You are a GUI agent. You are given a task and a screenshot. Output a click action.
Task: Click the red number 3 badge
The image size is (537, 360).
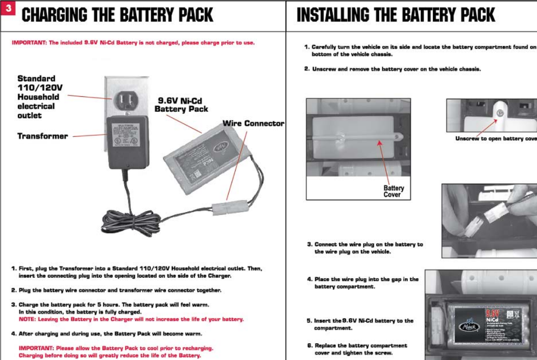[8, 8]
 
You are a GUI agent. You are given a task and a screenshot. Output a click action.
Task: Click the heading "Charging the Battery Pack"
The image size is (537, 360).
[117, 15]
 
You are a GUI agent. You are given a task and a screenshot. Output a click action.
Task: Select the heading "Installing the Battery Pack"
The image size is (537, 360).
[396, 15]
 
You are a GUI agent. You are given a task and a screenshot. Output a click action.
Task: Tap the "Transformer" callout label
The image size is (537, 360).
[43, 136]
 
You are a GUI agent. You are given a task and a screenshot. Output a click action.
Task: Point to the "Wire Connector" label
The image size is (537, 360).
[253, 124]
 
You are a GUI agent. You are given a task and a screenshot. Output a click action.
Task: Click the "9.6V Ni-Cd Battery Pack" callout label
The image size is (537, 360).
[181, 105]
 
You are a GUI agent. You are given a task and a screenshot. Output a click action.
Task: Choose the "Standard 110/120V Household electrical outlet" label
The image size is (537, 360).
[39, 97]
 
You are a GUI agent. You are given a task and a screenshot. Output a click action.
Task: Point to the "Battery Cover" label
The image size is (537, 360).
[393, 191]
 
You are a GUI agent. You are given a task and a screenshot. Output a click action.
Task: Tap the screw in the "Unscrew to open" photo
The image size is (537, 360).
[500, 113]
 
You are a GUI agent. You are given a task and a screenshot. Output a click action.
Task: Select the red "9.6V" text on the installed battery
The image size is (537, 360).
[493, 313]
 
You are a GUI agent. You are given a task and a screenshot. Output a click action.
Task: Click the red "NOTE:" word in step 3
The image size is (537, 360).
[28, 319]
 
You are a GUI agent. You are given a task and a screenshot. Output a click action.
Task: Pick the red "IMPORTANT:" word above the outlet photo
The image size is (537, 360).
[29, 43]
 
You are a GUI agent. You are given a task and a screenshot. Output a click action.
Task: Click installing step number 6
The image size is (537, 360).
[310, 346]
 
